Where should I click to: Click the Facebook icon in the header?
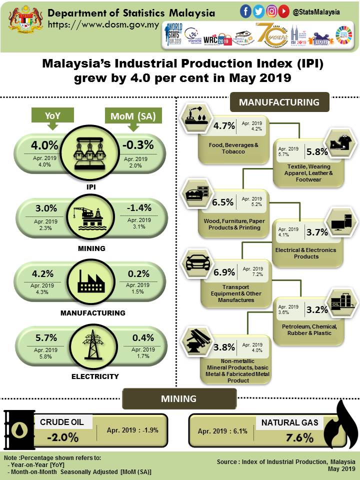click(246, 10)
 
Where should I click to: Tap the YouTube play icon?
click(284, 10)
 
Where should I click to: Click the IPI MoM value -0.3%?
click(137, 145)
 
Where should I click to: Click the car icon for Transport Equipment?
click(197, 262)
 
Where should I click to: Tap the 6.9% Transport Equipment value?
click(224, 272)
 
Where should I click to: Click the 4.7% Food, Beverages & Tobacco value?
click(224, 126)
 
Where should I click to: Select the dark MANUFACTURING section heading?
click(279, 102)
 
